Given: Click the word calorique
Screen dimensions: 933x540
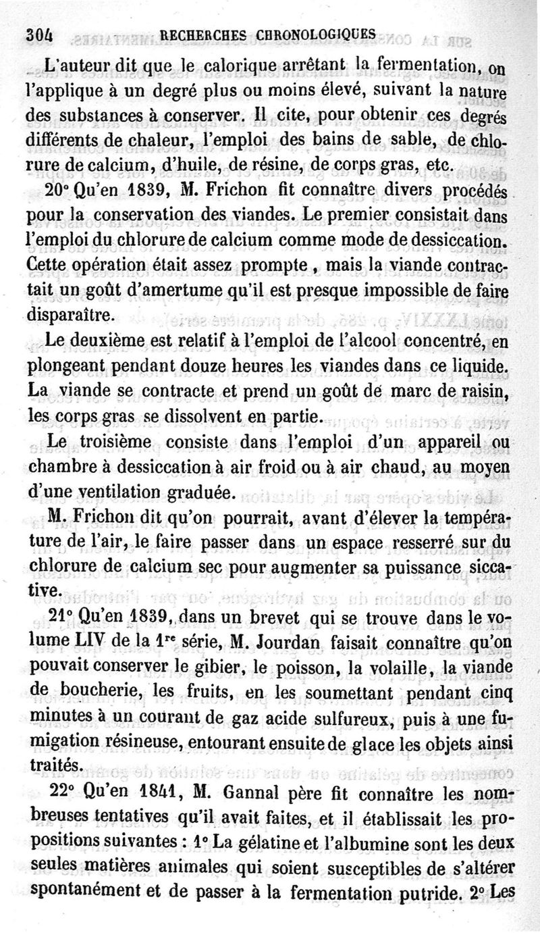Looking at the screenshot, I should tap(223, 66).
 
